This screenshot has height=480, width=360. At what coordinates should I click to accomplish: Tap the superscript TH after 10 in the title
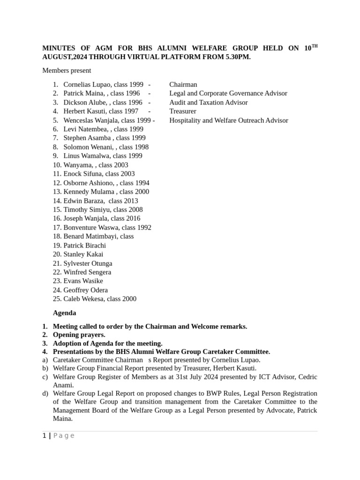pyautogui.click(x=314, y=46)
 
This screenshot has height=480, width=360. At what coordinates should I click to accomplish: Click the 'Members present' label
pyautogui.click(x=67, y=71)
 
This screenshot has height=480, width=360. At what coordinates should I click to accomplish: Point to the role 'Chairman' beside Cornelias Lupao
pyautogui.click(x=183, y=84)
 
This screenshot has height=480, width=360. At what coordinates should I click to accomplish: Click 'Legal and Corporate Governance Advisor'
pyautogui.click(x=228, y=93)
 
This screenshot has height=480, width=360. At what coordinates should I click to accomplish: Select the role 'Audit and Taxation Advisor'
pyautogui.click(x=209, y=102)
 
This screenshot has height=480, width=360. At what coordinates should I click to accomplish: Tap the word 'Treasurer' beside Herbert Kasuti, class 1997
pyautogui.click(x=183, y=111)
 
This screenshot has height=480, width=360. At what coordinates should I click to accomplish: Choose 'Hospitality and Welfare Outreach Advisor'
pyautogui.click(x=229, y=120)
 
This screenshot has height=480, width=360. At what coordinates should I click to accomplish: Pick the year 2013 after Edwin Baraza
pyautogui.click(x=129, y=201)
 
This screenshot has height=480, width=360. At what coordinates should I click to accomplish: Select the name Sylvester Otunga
pyautogui.click(x=88, y=263)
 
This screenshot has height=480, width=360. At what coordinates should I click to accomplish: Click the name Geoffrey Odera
pyautogui.click(x=85, y=290)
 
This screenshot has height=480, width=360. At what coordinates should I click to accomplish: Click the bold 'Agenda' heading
pyautogui.click(x=65, y=313)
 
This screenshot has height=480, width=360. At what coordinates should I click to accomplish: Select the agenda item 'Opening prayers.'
pyautogui.click(x=79, y=335)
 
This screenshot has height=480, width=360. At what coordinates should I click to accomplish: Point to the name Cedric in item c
pyautogui.click(x=306, y=377)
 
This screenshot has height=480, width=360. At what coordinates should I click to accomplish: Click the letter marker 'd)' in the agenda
pyautogui.click(x=45, y=393)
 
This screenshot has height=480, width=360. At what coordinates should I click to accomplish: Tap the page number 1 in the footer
pyautogui.click(x=44, y=435)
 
